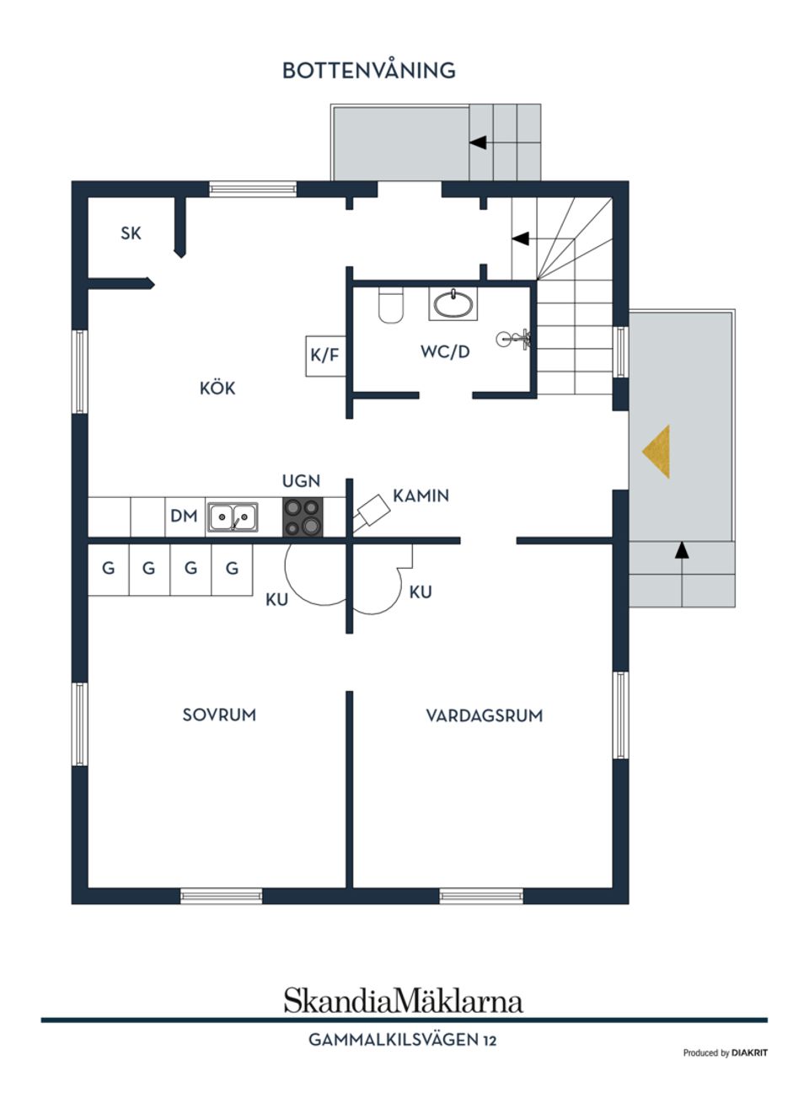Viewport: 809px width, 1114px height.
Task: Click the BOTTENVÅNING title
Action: click(368, 70)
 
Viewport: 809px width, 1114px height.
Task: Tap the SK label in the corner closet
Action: click(131, 233)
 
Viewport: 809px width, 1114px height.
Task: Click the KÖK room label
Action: click(217, 388)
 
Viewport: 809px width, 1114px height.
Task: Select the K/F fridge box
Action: click(325, 355)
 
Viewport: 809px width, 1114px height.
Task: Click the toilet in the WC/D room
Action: click(391, 305)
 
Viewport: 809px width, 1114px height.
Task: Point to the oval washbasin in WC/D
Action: click(453, 304)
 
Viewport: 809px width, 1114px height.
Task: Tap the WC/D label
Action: click(445, 351)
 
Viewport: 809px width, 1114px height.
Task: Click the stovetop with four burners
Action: click(303, 517)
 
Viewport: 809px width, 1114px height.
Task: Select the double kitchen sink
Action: click(233, 517)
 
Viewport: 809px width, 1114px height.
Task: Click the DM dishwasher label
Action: click(184, 516)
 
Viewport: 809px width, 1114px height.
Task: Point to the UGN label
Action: click(301, 481)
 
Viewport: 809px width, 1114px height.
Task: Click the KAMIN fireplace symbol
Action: click(371, 511)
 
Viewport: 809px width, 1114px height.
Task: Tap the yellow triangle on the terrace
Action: click(657, 451)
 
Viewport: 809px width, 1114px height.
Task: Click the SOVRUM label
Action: click(219, 715)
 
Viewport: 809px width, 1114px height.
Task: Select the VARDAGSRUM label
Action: click(484, 715)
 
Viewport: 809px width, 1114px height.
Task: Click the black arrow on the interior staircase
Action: click(520, 238)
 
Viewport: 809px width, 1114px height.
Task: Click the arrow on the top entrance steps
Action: click(478, 142)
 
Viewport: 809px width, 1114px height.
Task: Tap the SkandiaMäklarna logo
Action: click(403, 1000)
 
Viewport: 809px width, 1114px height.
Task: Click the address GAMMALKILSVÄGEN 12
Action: click(402, 1040)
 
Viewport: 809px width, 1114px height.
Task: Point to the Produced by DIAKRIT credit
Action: click(725, 1052)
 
